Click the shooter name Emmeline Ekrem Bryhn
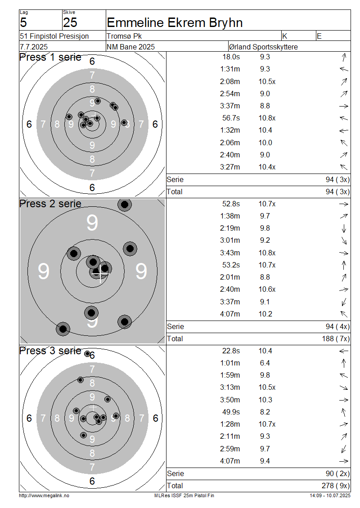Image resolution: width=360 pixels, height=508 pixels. click(x=175, y=22)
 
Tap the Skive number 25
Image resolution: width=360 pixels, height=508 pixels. click(x=70, y=22)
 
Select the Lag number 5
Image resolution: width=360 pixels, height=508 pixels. click(x=23, y=22)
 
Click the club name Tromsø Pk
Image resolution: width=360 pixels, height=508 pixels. click(x=124, y=36)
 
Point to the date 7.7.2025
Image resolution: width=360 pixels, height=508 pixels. click(x=34, y=47)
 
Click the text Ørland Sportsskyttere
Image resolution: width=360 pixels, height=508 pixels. click(x=263, y=47)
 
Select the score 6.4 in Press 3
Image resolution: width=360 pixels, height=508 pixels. click(x=265, y=363)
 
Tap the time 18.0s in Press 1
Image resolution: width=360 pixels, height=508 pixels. click(x=231, y=57)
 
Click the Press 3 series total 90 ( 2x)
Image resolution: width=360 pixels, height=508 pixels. click(x=337, y=474)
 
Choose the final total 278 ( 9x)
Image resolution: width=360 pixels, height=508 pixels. click(x=336, y=486)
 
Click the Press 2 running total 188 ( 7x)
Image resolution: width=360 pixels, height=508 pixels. click(x=336, y=339)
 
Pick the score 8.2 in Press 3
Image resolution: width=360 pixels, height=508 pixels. click(x=265, y=412)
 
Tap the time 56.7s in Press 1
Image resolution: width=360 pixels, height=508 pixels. click(x=231, y=118)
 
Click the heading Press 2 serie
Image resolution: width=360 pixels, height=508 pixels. click(x=50, y=204)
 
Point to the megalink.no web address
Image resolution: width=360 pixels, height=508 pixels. click(x=44, y=496)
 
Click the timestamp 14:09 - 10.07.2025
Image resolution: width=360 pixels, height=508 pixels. click(x=330, y=496)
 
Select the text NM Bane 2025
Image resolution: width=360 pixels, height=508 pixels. click(x=130, y=47)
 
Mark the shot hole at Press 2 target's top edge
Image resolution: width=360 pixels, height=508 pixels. click(x=125, y=205)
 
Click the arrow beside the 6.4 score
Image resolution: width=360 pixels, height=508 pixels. click(x=344, y=363)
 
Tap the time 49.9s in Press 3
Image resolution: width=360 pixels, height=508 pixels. click(x=231, y=412)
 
